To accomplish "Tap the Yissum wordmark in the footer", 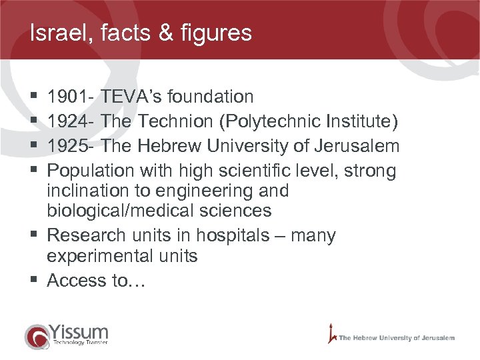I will point(79,332).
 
